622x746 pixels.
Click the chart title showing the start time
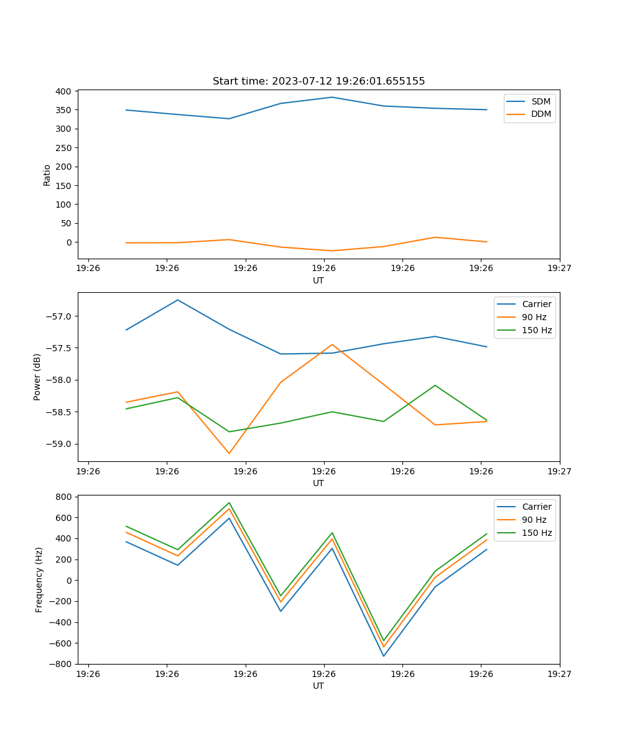coord(318,81)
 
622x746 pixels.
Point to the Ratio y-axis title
coord(47,175)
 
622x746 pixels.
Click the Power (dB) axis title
coord(37,377)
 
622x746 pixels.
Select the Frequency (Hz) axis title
coord(39,579)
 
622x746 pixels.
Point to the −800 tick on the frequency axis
coord(61,664)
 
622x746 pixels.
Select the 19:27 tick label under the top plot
coord(559,269)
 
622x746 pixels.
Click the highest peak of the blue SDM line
coord(332,97)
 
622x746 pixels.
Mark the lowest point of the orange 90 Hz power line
coord(229,453)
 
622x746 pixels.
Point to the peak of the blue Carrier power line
coord(178,300)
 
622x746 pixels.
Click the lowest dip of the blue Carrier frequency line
coord(383,656)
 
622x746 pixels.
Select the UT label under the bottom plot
coord(318,686)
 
